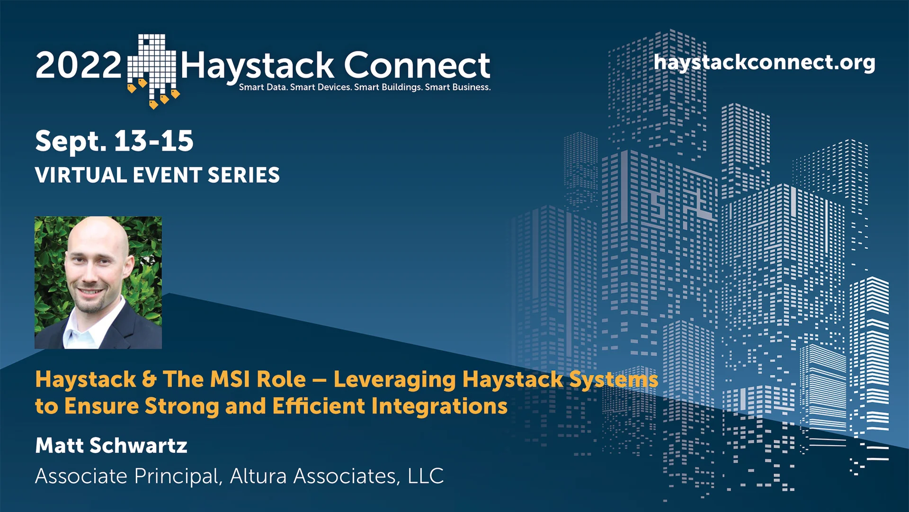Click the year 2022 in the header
[x=78, y=65]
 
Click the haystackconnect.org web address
[x=764, y=63]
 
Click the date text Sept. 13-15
[x=114, y=141]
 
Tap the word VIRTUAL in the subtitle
[x=81, y=175]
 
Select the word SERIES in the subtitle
[x=244, y=175]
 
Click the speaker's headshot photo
[x=98, y=282]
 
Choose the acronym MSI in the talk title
[x=230, y=379]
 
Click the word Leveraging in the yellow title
[x=395, y=379]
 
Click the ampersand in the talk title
[x=149, y=380]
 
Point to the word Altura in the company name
[x=258, y=476]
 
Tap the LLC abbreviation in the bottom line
[x=426, y=476]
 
